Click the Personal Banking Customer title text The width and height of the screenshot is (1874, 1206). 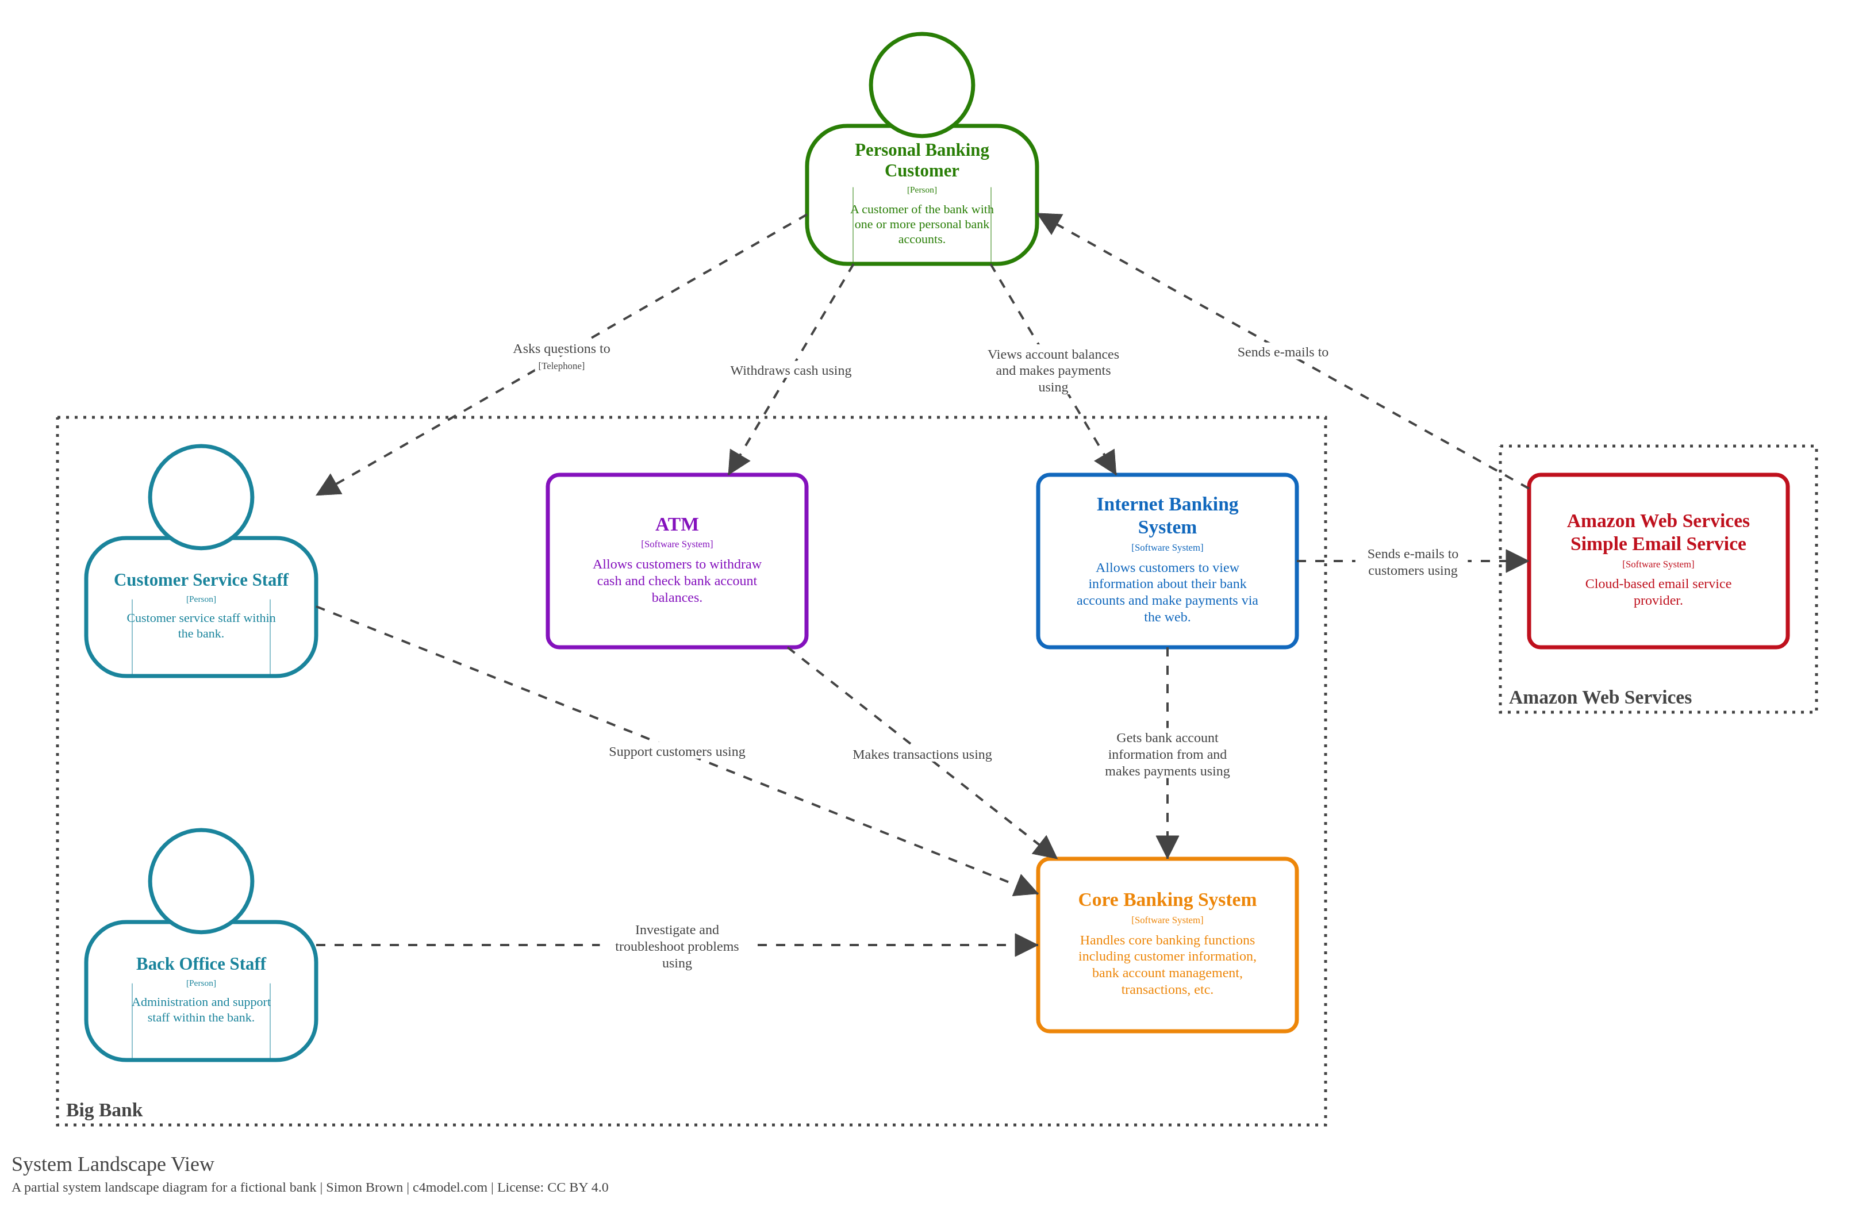pos(921,160)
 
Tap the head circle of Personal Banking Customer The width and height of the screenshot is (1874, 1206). pos(921,85)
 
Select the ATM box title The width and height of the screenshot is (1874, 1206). pos(677,524)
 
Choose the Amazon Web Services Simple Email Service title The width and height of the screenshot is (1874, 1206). pos(1657,532)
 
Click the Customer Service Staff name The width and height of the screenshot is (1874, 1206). pos(201,579)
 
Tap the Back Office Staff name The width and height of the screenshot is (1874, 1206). pos(201,963)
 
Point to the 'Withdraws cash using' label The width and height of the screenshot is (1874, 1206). pos(790,370)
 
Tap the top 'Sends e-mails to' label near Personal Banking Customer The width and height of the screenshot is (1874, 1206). pos(1282,352)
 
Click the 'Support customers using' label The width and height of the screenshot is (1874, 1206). pos(677,751)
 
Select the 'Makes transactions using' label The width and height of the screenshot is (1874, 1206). pos(921,754)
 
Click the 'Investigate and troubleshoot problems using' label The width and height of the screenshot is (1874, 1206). pos(677,946)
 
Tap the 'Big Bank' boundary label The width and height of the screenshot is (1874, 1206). pos(104,1109)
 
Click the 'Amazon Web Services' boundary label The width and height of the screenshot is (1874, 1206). pos(1599,697)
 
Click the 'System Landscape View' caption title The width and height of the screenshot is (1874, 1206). pos(113,1163)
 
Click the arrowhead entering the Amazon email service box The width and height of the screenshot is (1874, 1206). pos(1516,560)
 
